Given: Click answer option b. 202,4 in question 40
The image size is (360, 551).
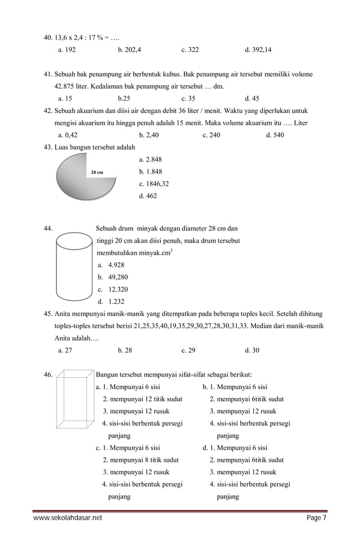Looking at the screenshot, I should click(x=129, y=50).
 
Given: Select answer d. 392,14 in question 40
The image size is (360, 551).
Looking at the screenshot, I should click(x=258, y=50).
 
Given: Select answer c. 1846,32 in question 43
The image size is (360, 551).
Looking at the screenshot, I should click(x=153, y=183).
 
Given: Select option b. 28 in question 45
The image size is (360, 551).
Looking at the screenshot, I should click(x=125, y=351).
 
